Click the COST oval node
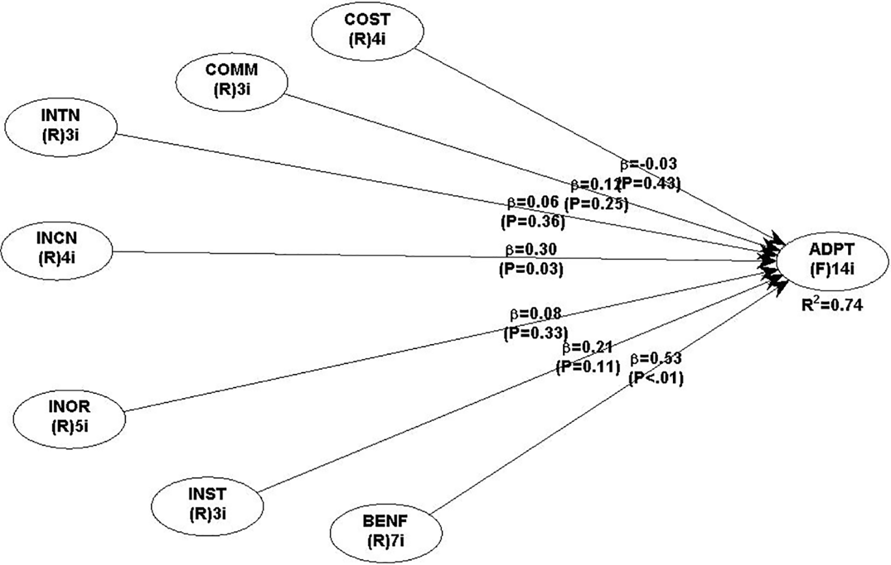[367, 29]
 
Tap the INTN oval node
[61, 125]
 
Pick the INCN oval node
[56, 247]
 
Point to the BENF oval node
[386, 531]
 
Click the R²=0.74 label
[832, 304]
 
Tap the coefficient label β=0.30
[531, 250]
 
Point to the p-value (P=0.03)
[531, 269]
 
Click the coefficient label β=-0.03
[649, 164]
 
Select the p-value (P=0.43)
[650, 183]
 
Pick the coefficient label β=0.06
[533, 202]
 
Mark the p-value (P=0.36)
[533, 221]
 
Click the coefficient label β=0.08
[535, 313]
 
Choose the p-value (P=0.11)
[588, 366]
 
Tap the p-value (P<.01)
[656, 377]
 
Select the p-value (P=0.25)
[596, 204]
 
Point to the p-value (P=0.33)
[536, 332]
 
